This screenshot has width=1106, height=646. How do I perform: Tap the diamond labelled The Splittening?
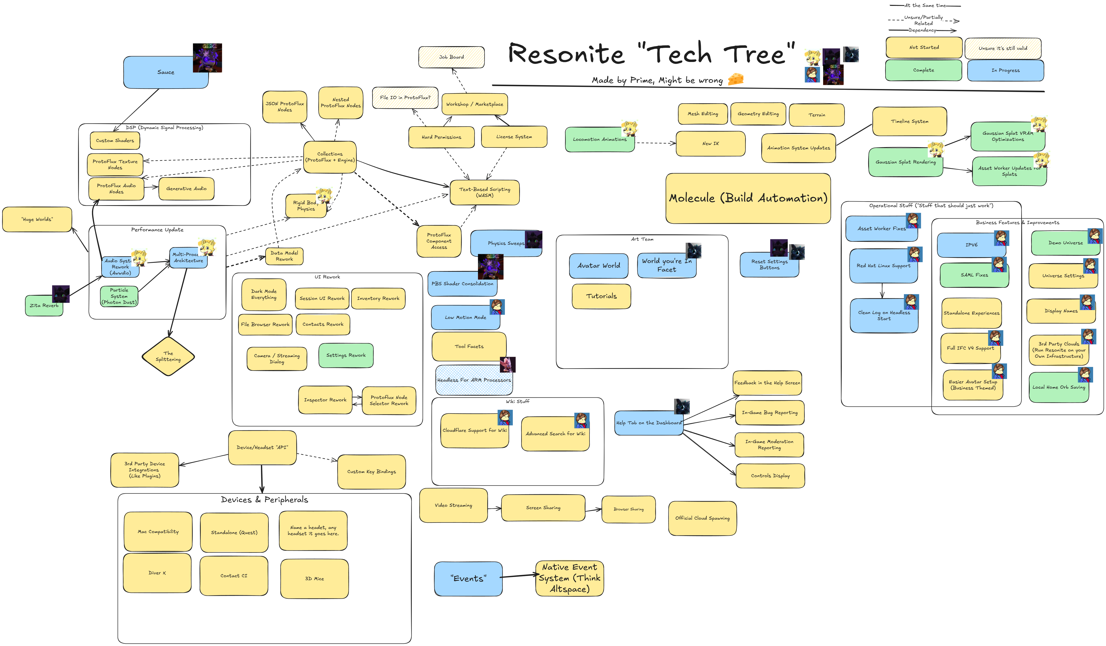(x=168, y=356)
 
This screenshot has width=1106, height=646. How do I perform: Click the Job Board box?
(x=451, y=57)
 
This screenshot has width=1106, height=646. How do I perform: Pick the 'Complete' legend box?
(x=923, y=70)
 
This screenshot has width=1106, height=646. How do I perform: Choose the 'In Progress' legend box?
(x=1005, y=70)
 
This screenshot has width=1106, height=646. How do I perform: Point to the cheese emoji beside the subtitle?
(x=736, y=79)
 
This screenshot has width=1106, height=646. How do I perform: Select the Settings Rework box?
(x=346, y=355)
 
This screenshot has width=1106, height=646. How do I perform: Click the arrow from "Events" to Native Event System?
(x=519, y=576)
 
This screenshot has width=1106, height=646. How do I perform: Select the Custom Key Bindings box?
(x=371, y=472)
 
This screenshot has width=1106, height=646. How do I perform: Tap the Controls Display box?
(x=770, y=476)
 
